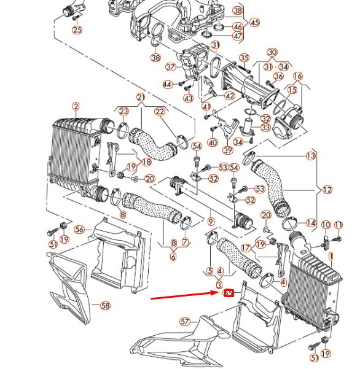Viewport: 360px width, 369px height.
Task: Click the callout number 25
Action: (x=77, y=29)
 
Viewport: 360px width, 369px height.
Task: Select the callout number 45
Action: (x=254, y=23)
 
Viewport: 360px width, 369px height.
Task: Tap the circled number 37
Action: (x=171, y=67)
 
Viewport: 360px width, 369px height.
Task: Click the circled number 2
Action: (x=76, y=106)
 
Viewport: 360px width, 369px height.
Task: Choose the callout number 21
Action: (x=141, y=97)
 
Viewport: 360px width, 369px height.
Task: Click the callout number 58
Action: (x=105, y=305)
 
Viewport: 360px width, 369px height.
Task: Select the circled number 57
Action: (x=186, y=321)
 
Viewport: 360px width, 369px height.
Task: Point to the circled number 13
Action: (x=311, y=157)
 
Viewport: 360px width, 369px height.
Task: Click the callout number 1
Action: (x=331, y=255)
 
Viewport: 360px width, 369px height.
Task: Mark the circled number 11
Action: (x=338, y=225)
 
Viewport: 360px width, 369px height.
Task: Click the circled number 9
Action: (x=211, y=222)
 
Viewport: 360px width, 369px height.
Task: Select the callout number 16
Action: (x=298, y=76)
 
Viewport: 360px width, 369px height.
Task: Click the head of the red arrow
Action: (x=220, y=294)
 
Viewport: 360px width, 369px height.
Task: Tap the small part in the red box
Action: (x=229, y=293)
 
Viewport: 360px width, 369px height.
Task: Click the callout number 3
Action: (x=219, y=285)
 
